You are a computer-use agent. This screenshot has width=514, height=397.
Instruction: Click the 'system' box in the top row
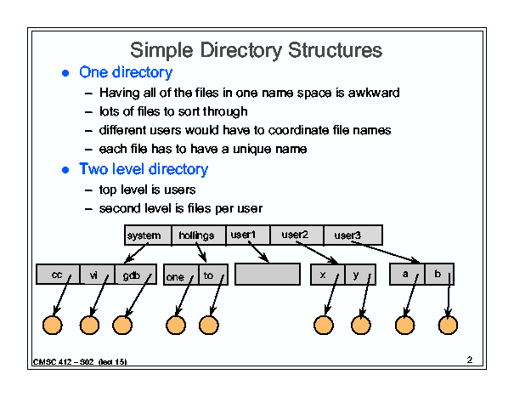point(148,235)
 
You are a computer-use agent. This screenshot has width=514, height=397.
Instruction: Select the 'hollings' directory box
point(199,235)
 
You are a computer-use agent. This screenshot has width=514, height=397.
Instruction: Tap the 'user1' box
point(248,235)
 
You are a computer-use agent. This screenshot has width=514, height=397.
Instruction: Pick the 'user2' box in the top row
point(297,235)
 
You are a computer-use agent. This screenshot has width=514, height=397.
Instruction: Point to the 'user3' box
point(353,235)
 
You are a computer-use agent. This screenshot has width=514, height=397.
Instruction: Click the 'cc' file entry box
point(58,274)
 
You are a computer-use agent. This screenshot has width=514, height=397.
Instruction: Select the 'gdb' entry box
point(136,274)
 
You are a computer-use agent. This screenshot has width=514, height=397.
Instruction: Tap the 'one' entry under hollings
point(181,275)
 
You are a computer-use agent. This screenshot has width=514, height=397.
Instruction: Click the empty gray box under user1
point(268,274)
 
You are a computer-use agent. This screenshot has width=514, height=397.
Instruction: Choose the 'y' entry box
point(360,275)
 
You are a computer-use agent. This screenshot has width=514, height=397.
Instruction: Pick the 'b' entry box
point(439,274)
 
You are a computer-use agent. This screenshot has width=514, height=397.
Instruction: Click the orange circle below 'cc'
point(53,325)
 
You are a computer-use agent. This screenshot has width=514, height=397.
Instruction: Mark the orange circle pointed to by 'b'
point(448,325)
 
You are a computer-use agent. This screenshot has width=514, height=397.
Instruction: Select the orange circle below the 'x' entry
point(324,325)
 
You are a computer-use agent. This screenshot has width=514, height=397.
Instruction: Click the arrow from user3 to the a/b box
point(386,252)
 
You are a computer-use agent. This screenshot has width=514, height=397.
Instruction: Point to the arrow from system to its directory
point(137,252)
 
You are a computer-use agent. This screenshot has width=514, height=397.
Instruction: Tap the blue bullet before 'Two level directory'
point(65,170)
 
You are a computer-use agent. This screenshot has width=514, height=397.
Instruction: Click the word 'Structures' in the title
point(335,50)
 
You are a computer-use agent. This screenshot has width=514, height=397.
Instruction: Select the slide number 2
point(470,360)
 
